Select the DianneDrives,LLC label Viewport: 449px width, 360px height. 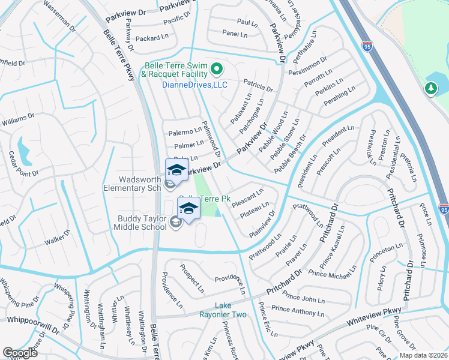click(195, 85)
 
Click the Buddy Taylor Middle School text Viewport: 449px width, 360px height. click(142, 223)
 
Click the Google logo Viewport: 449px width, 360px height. click(20, 353)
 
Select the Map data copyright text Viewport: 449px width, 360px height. click(423, 355)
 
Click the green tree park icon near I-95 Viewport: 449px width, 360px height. click(430, 89)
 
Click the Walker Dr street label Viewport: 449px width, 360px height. click(58, 236)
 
